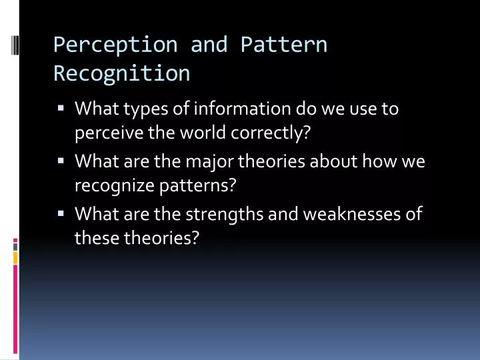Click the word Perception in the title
[x=115, y=45]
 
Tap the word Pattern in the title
[x=284, y=45]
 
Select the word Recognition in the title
[x=121, y=73]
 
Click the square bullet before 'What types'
[x=61, y=107]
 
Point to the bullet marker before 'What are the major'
[x=61, y=160]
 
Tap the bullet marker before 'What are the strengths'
[x=61, y=213]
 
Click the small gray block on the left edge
[x=15, y=246]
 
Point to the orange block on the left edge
[x=15, y=256]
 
